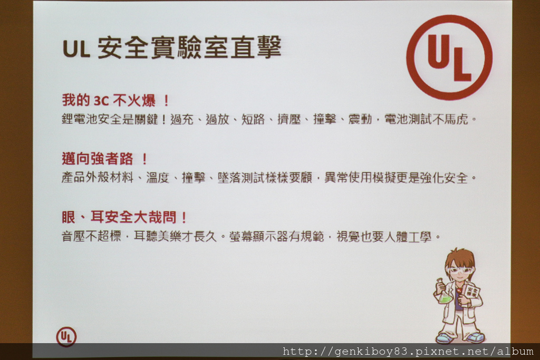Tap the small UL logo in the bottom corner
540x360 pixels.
pyautogui.click(x=66, y=337)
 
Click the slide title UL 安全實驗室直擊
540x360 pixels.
pyautogui.click(x=172, y=47)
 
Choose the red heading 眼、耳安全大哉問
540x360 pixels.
pyautogui.click(x=124, y=217)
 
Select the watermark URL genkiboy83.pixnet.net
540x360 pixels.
pyautogui.click(x=408, y=352)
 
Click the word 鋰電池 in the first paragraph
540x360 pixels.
pyautogui.click(x=80, y=119)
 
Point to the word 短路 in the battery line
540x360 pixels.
pyautogui.click(x=253, y=119)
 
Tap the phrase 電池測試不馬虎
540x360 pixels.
pyautogui.click(x=426, y=119)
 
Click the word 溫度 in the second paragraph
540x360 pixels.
pyautogui.click(x=158, y=178)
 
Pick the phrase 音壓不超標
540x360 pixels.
pyautogui.click(x=92, y=236)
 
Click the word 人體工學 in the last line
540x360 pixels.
pyautogui.click(x=408, y=236)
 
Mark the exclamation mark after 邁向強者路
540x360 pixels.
pyautogui.click(x=144, y=159)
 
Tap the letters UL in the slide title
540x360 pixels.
pyautogui.click(x=76, y=48)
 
